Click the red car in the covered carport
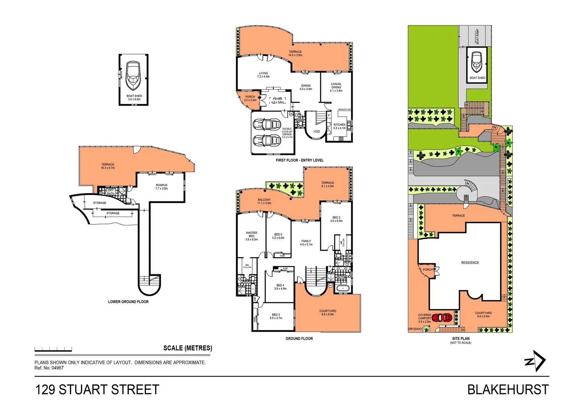442,317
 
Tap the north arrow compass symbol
535,361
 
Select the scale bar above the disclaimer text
53,349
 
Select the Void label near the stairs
316,132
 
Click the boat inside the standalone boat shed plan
133,75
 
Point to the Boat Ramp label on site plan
477,36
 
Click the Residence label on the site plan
470,263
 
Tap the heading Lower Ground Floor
128,302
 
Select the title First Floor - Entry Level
300,160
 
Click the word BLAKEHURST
508,390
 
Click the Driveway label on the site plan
415,329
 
